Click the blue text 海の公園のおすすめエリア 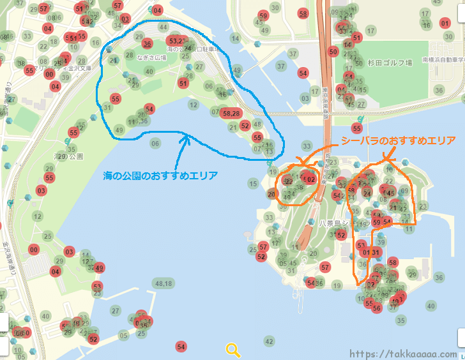point(160,175)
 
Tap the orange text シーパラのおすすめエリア point(398,141)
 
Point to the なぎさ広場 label point(155,58)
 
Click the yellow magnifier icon point(233,349)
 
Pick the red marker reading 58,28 point(231,113)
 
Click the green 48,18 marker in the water point(163,283)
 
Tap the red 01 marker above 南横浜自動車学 point(445,23)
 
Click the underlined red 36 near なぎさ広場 point(148,44)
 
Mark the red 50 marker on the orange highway point(333,52)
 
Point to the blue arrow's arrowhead point(186,136)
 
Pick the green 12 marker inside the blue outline point(194,104)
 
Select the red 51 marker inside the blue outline point(183,83)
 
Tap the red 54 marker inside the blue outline point(149,109)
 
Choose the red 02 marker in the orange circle point(311,180)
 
